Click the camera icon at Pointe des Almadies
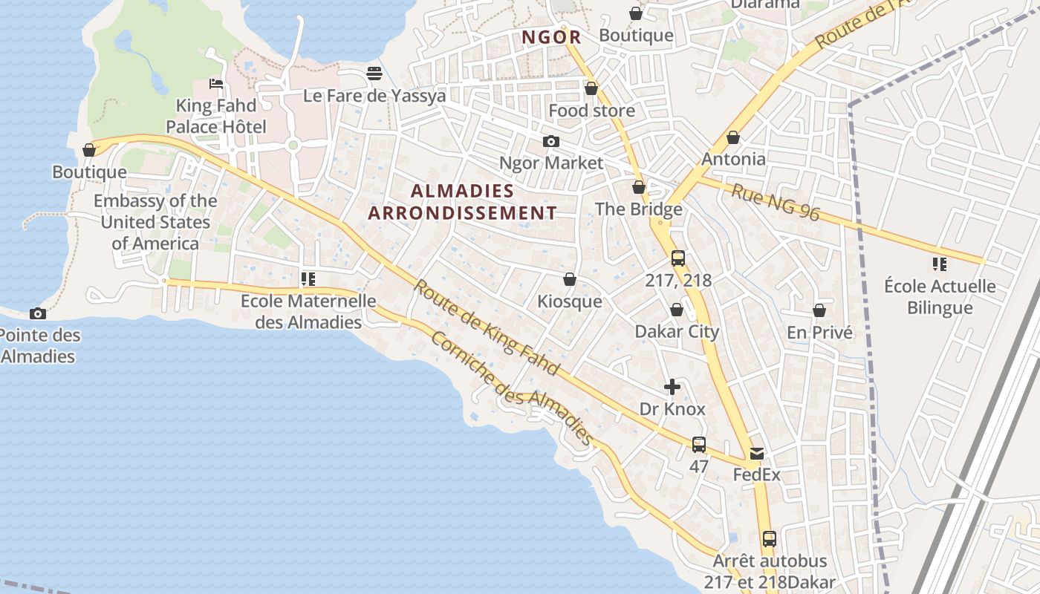coord(37,314)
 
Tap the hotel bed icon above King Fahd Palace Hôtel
coord(216,84)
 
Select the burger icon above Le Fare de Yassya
coord(374,74)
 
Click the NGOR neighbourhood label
coord(550,37)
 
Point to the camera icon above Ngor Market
coord(551,141)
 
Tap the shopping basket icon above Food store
coord(591,88)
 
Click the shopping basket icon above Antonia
coord(733,137)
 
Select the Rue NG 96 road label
coord(776,203)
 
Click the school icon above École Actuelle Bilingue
coord(940,264)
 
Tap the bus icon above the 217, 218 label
coord(678,258)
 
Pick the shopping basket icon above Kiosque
coord(570,279)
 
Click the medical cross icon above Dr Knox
coord(672,387)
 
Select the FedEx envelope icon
coord(756,453)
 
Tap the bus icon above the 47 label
coord(699,445)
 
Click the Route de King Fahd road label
coord(487,327)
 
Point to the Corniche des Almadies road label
coord(512,388)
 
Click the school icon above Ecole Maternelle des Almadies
coord(308,279)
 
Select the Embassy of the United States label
coord(155,222)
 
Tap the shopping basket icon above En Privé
coord(819,310)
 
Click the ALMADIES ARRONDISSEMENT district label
coord(463,202)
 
